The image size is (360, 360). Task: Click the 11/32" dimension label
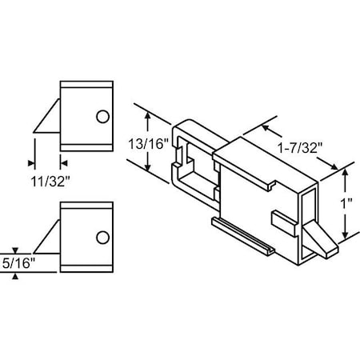click(47, 181)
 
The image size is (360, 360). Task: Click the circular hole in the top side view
click(102, 118)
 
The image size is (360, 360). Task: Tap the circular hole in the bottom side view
click(102, 237)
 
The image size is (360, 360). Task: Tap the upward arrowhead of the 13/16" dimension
click(147, 116)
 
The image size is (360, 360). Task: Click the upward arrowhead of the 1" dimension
click(345, 170)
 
